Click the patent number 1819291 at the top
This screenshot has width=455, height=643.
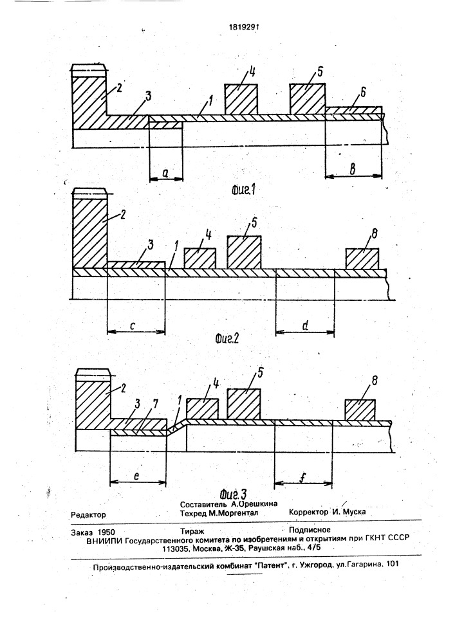[244, 28]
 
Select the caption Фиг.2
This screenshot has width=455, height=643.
[227, 338]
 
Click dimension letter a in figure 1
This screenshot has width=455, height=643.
[165, 173]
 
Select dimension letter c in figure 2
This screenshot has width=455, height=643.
[133, 325]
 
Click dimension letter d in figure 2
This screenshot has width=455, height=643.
[305, 325]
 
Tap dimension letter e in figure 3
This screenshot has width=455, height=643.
[136, 476]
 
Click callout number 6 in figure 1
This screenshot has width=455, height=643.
[363, 93]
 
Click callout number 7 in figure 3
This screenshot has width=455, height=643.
[155, 404]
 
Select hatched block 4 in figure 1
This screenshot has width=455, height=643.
[241, 100]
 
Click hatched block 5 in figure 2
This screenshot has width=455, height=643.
[244, 253]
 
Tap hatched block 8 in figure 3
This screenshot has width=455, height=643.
[360, 410]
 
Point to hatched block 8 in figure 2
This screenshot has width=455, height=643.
[362, 258]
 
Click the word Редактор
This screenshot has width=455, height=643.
[88, 514]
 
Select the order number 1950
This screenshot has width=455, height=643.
[107, 532]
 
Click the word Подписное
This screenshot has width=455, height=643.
[310, 530]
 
